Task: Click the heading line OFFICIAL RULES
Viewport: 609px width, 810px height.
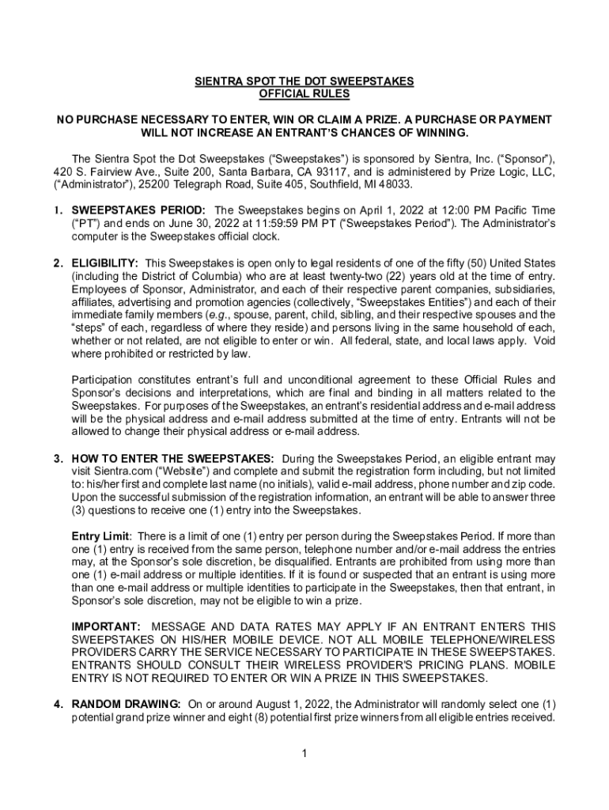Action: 304,94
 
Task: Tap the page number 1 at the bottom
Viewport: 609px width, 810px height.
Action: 304,752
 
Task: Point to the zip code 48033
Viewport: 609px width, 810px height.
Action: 394,184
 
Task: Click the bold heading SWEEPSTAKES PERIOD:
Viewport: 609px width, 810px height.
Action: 139,210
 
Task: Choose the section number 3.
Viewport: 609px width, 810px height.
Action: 59,459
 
